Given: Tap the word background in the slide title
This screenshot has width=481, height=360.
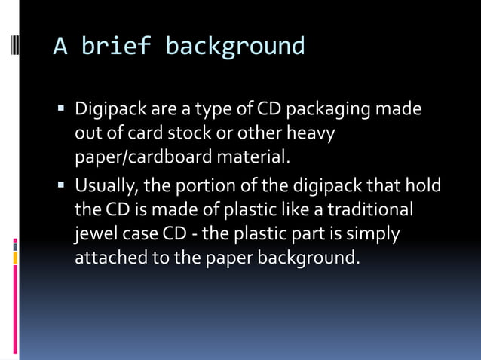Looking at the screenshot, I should point(235,47).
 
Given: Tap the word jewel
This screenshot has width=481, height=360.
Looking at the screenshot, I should point(95,233).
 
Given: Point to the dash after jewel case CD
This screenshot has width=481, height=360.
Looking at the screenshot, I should point(195,233).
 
